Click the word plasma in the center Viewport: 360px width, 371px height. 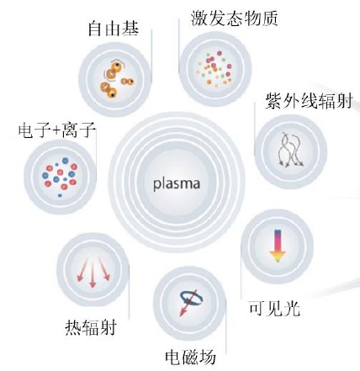coord(177,184)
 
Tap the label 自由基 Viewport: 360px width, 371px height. coord(114,29)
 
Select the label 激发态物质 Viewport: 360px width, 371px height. coord(235,19)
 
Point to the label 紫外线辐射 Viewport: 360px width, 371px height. coord(309,101)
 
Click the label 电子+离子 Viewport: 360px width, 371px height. coord(57,130)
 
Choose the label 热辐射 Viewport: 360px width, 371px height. coord(91,327)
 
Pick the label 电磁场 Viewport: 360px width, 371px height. coord(190,357)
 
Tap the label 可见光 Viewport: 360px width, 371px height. coord(275,309)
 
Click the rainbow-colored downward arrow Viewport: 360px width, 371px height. coord(278,246)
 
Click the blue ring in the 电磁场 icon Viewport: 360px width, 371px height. coord(192,298)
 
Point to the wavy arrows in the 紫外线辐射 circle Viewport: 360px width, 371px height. coord(291,150)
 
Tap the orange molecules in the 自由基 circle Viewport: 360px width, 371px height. coord(116,79)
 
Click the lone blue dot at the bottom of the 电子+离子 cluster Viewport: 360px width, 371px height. coord(60,195)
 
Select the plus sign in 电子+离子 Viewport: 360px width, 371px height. coord(57,130)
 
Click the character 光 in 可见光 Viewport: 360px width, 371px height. coord(292,309)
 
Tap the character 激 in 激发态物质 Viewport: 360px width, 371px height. coord(199,19)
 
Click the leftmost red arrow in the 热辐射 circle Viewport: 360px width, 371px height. coord(82,268)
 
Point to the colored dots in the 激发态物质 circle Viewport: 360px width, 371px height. coord(214,68)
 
